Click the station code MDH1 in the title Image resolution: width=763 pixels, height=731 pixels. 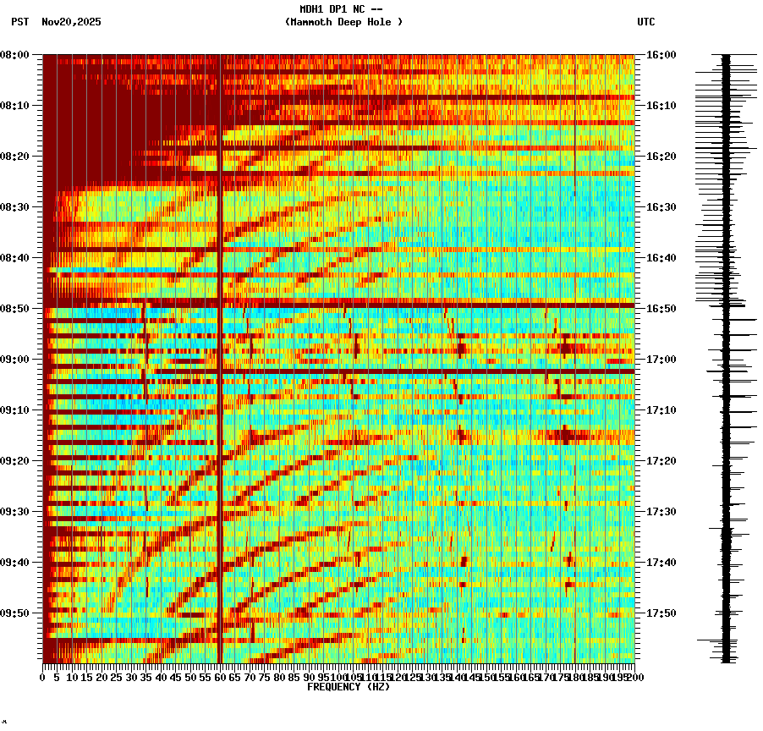tap(312, 9)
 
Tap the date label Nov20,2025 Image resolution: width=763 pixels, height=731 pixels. tap(71, 22)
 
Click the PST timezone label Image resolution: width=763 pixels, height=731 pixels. tap(20, 22)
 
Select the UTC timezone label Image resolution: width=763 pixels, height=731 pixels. tap(646, 22)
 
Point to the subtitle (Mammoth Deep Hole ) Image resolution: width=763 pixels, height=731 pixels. tap(343, 22)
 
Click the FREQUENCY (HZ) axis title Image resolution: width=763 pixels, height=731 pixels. tap(349, 687)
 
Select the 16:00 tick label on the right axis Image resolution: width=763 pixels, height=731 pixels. tap(661, 55)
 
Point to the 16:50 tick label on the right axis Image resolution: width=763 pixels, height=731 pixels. tap(661, 309)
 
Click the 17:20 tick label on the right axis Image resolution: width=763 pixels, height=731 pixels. tap(661, 461)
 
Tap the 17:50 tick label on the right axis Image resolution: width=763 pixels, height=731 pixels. tap(661, 613)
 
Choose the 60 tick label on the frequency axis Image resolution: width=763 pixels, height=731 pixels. tap(220, 678)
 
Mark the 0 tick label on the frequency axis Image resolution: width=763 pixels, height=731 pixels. tap(43, 678)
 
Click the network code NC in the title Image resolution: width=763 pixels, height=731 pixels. tap(355, 9)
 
